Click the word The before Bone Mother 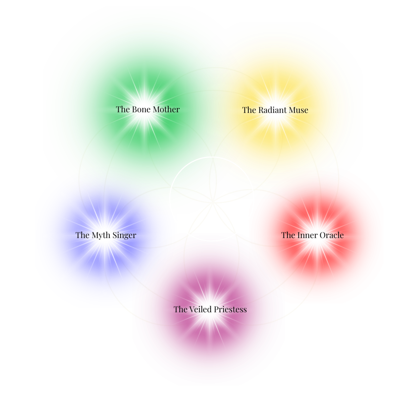123,109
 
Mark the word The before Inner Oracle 288,235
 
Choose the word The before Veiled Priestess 181,309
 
